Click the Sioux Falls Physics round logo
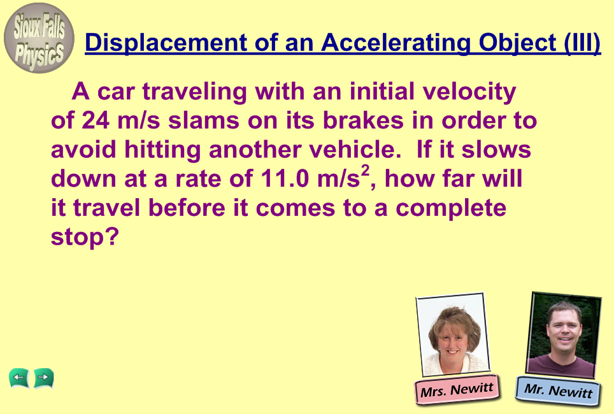(x=39, y=38)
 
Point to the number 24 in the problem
(x=96, y=120)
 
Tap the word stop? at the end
(x=85, y=237)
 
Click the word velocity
(x=469, y=92)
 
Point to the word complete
(x=451, y=208)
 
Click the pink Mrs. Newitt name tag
(x=457, y=390)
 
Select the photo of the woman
(x=453, y=334)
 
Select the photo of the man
(x=564, y=335)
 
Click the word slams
(x=204, y=120)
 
